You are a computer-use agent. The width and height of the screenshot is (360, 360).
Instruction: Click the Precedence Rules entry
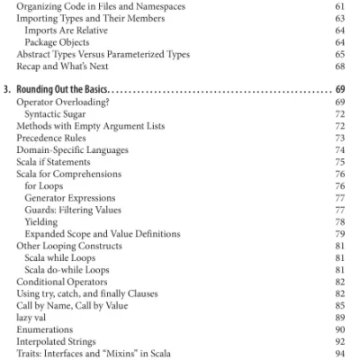[52, 142]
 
